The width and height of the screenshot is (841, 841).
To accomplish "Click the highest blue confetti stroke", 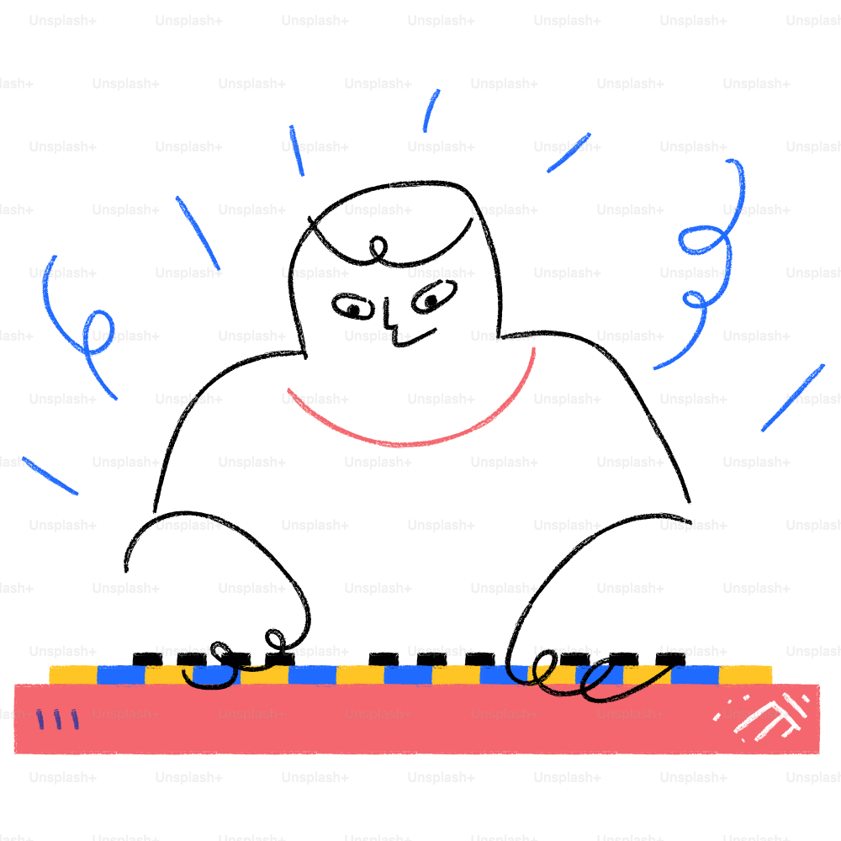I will click(x=431, y=110).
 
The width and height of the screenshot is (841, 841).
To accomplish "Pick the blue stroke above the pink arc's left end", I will click(x=296, y=151).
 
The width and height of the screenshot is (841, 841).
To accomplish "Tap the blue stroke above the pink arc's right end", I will click(x=569, y=152).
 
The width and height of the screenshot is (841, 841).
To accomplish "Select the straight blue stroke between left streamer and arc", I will click(x=198, y=234).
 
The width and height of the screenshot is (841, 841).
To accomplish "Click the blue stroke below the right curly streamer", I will click(x=792, y=398).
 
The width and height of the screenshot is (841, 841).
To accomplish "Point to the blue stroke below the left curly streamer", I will click(x=50, y=476).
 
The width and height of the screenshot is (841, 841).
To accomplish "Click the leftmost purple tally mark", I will click(x=40, y=719).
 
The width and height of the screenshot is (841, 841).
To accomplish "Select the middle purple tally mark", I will click(x=57, y=719).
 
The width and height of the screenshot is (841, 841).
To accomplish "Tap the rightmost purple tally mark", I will click(x=75, y=719).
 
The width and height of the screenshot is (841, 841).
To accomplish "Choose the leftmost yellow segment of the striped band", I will click(x=72, y=674).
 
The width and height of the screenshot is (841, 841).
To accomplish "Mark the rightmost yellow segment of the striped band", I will click(x=745, y=674).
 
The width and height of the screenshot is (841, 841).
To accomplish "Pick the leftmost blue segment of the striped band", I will click(x=120, y=674).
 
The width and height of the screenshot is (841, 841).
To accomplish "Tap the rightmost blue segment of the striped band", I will click(x=695, y=674).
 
